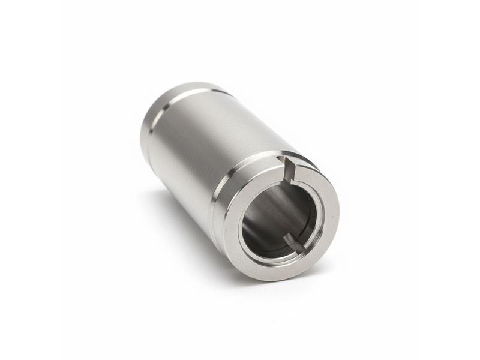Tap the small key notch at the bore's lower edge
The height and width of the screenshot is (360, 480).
pos(292,241)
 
